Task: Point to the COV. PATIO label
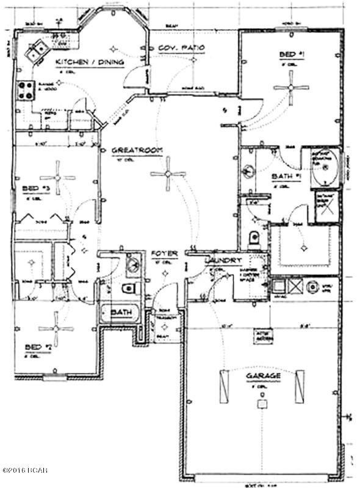(x=180, y=48)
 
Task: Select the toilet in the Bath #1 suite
(x=254, y=237)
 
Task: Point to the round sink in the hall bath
(x=131, y=264)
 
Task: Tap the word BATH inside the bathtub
(x=120, y=312)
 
